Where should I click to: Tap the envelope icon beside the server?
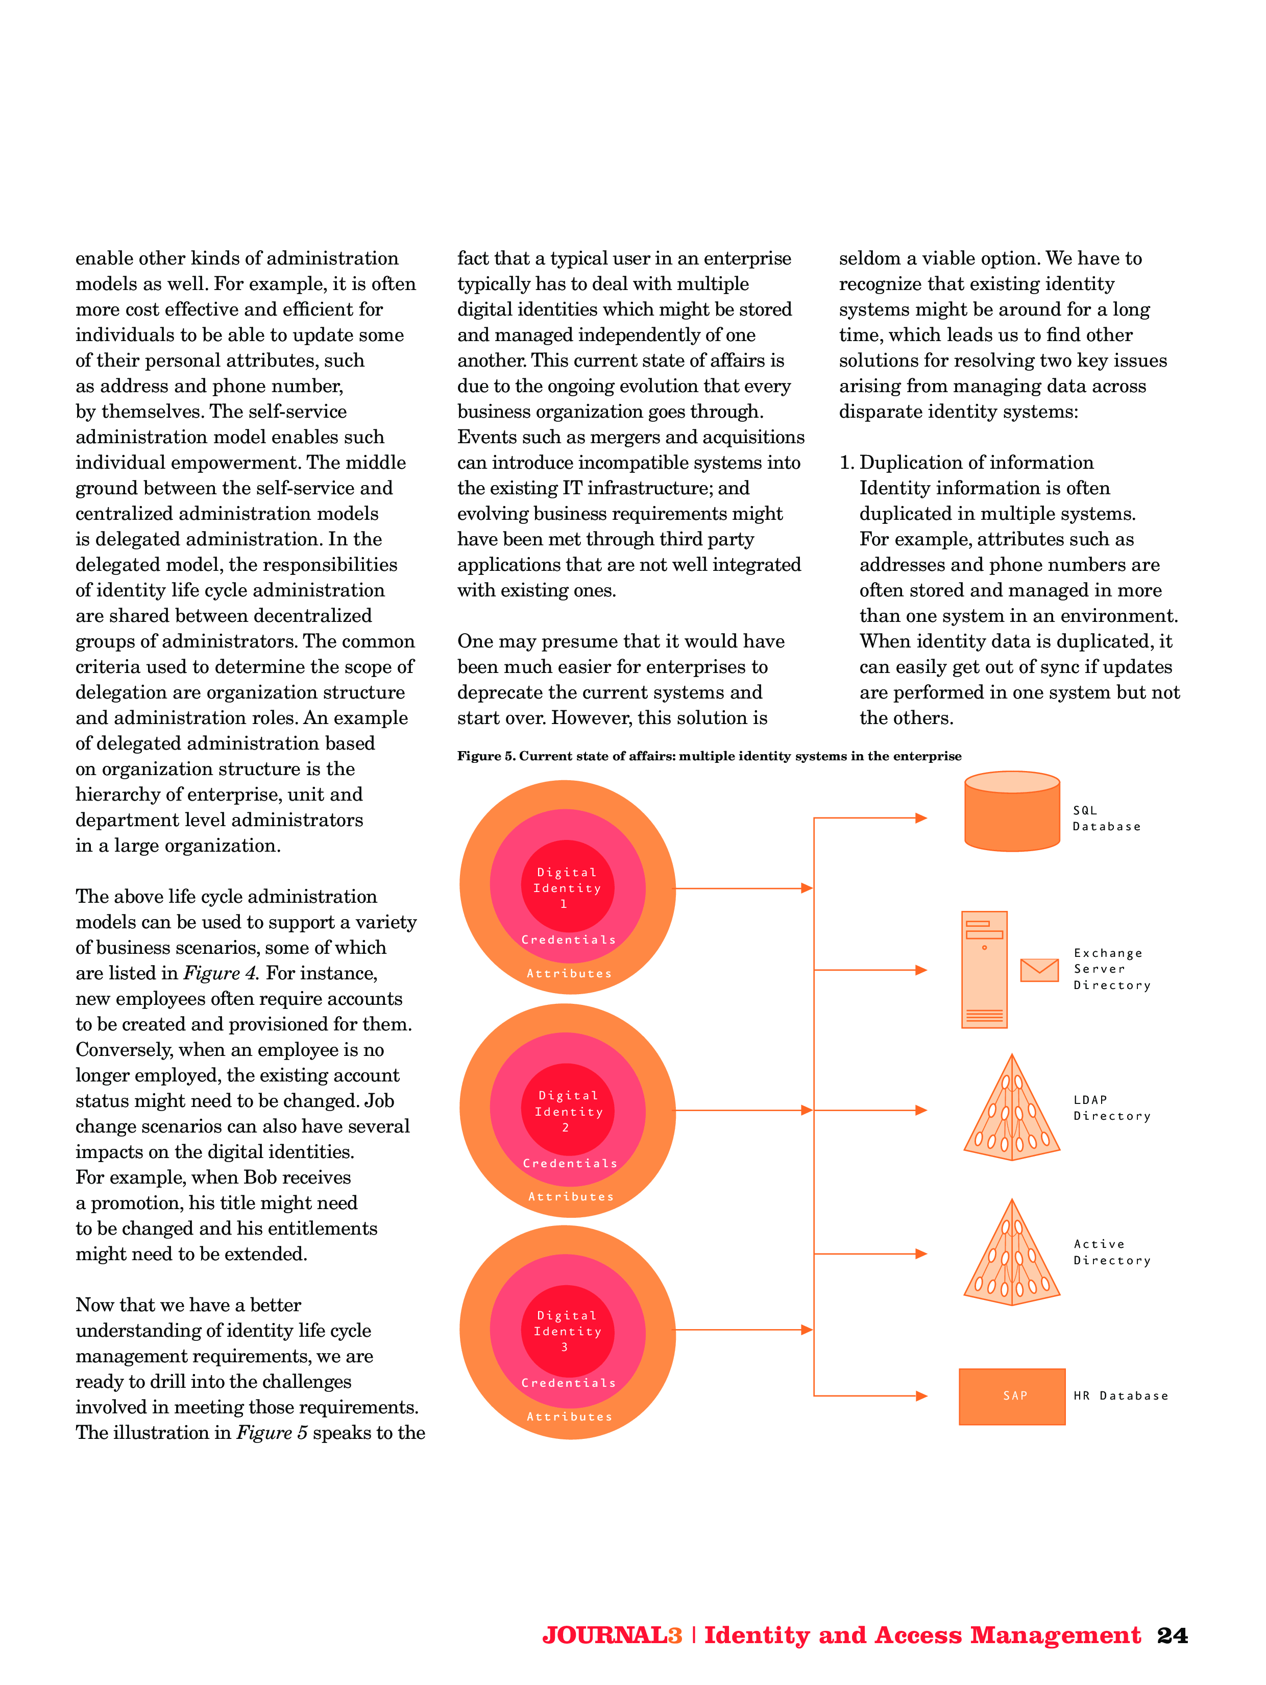[1039, 970]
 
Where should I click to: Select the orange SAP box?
[1012, 1395]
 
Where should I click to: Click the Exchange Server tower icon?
[984, 970]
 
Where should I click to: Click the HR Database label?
[1120, 1395]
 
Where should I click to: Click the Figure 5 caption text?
[709, 756]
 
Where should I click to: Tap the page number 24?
[1172, 1635]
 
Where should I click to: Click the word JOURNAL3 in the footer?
[612, 1635]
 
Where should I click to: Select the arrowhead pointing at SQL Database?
[921, 818]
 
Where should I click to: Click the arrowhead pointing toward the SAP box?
[921, 1395]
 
